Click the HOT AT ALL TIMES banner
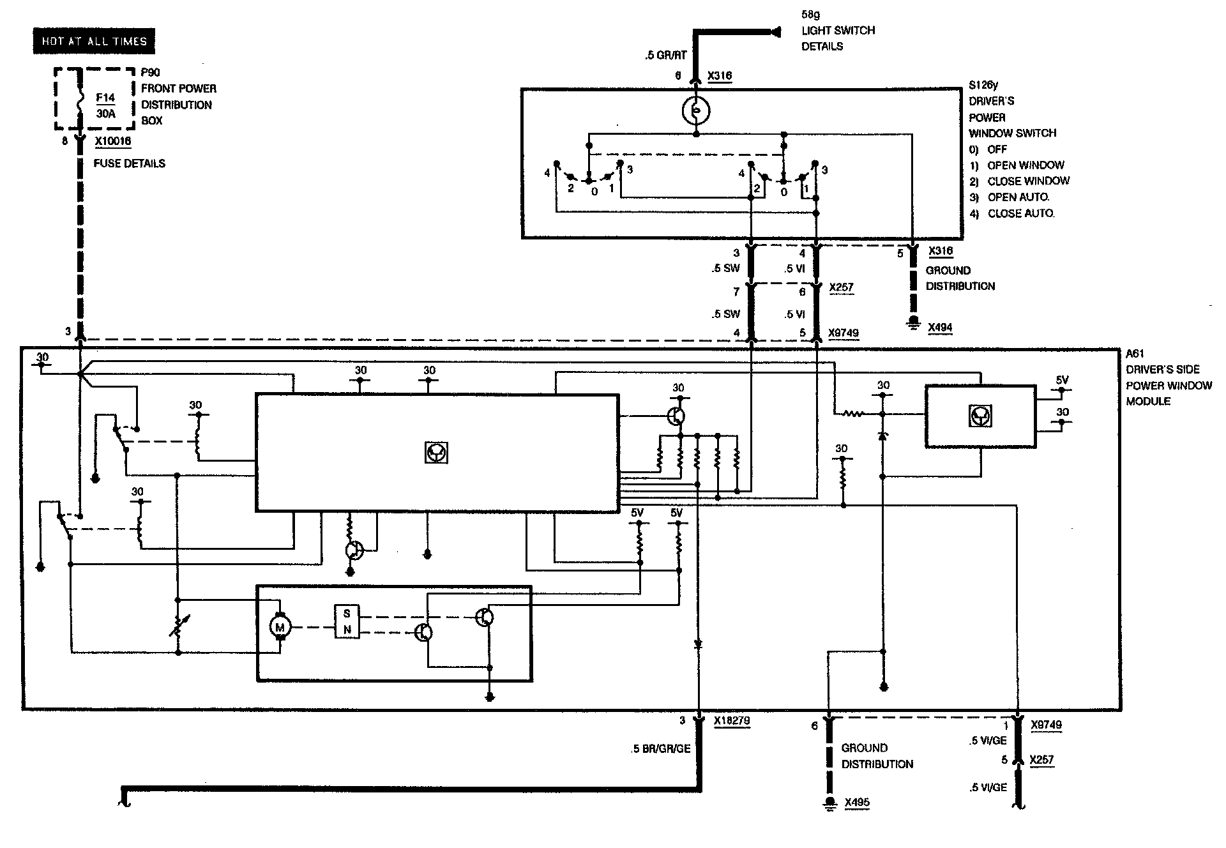94,42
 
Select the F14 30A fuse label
105,106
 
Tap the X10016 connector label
113,141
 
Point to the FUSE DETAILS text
130,163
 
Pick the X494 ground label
940,328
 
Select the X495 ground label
857,803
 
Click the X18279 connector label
731,721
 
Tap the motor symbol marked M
280,626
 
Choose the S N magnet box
347,621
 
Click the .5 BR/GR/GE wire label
660,748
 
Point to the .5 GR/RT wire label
665,56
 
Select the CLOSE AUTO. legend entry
1020,213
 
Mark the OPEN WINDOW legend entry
1025,165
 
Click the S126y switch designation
983,85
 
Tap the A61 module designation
1135,354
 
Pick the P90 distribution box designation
151,72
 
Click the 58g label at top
811,13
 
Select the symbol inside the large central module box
437,453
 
